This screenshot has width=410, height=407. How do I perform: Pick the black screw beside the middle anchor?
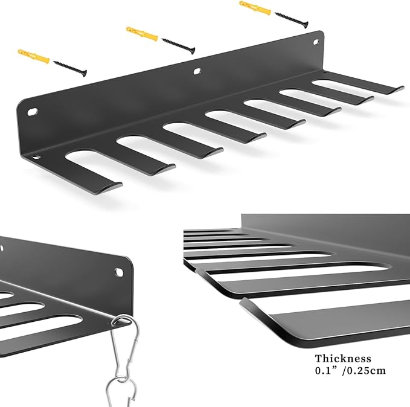178,43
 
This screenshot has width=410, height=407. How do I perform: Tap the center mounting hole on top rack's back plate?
196,72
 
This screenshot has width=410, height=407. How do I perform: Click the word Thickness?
335,359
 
